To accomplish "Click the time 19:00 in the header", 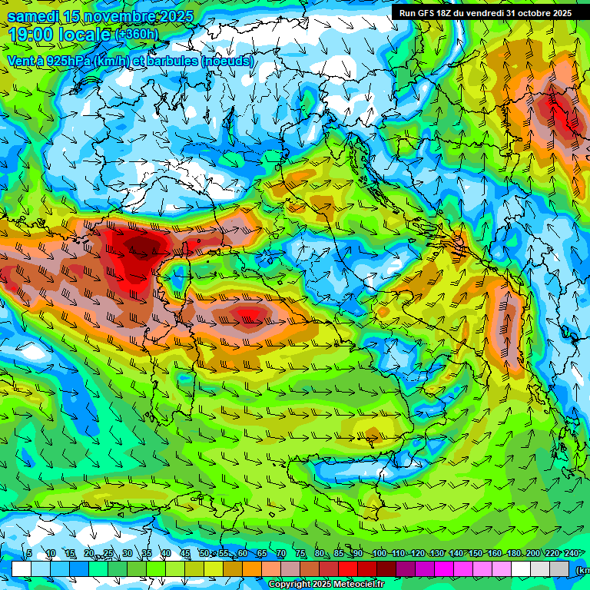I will click(x=34, y=35).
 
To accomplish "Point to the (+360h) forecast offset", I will click(x=138, y=35).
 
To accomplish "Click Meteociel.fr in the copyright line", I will click(x=359, y=585).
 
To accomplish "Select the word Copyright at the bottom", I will click(x=289, y=585).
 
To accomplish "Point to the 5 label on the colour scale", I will click(x=29, y=553).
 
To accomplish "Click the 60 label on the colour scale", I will click(x=243, y=553).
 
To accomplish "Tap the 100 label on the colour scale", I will click(x=380, y=553).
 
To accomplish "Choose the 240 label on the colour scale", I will click(x=571, y=553).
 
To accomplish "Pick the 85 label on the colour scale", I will click(x=339, y=553).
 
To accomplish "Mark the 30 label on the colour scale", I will click(x=128, y=553).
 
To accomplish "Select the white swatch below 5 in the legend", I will click(x=22, y=568).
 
